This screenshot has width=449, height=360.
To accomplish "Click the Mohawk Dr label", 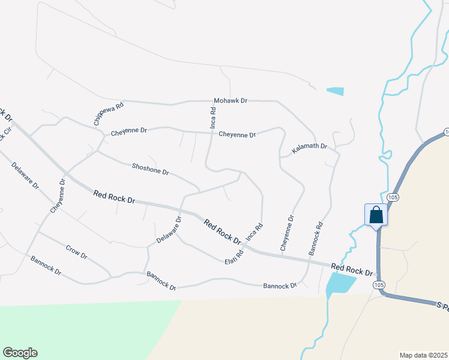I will coord(231,101).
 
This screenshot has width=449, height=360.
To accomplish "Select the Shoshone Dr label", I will coord(150,168).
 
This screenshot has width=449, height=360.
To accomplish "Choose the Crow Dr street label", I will coord(76,252).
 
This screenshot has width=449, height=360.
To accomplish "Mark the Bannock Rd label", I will coord(316,239).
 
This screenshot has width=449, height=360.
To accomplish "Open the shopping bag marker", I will coord(376,214).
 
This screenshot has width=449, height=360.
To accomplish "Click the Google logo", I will coord(20,353).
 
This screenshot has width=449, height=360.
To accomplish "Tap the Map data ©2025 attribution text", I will coord(423,355).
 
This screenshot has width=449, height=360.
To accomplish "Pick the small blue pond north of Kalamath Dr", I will coord(336,91).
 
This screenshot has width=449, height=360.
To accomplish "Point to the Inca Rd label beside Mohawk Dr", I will coord(212,117).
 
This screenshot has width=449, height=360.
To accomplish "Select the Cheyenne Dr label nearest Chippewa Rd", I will coord(128,131).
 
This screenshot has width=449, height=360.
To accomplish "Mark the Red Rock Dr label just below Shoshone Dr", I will coord(115,196).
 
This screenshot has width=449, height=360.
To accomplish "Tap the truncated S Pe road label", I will coord(443,306).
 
